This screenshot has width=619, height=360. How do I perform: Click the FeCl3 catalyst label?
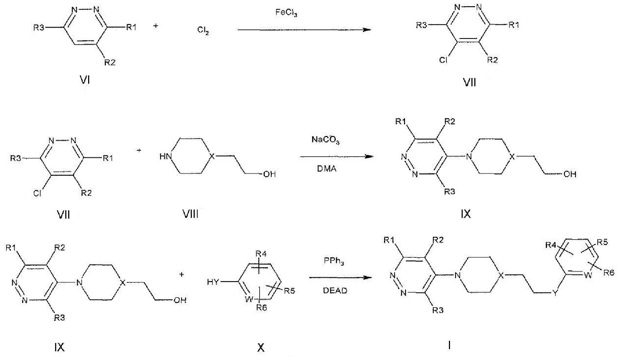click(x=286, y=13)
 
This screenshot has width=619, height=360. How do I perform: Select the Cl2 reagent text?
click(x=203, y=30)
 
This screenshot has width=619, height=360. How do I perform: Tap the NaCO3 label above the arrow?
click(x=326, y=140)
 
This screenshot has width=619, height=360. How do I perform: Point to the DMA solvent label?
click(x=327, y=169)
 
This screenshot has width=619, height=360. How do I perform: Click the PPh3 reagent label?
click(x=334, y=261)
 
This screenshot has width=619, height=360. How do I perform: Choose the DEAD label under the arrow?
click(x=335, y=290)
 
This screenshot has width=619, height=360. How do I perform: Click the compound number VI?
click(x=84, y=80)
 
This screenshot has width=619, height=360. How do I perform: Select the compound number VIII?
click(x=191, y=214)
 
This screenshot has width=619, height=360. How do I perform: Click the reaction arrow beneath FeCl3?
click(x=304, y=30)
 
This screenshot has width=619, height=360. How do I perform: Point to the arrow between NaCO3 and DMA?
click(x=337, y=157)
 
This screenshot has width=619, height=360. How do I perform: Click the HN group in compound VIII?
click(x=165, y=157)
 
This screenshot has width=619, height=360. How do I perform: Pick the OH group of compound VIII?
click(x=269, y=174)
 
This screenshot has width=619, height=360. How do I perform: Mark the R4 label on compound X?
click(x=261, y=254)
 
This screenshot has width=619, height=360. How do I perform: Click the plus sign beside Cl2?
click(x=156, y=26)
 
